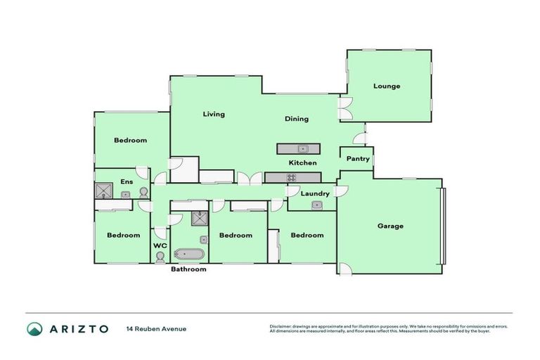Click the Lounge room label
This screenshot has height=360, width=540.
click(387, 86)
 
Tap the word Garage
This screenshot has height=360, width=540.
click(390, 226)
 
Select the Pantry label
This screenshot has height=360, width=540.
click(358, 159)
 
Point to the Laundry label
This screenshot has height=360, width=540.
click(316, 193)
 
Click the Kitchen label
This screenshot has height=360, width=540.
click(302, 163)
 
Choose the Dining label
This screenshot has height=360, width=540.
click(296, 119)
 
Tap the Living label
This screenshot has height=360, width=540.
click(214, 114)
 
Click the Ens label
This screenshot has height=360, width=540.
click(127, 182)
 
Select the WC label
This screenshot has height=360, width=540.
click(160, 245)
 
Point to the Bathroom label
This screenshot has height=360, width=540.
click(189, 269)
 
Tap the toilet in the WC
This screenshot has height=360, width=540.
click(160, 257)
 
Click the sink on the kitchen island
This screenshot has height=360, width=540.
click(302, 149)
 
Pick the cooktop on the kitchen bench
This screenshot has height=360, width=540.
click(290, 177)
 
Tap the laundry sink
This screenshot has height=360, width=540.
click(316, 205)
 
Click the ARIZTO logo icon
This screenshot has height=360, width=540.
click(34, 328)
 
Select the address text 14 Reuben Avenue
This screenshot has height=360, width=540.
click(156, 329)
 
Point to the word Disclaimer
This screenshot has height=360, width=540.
click(283, 326)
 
